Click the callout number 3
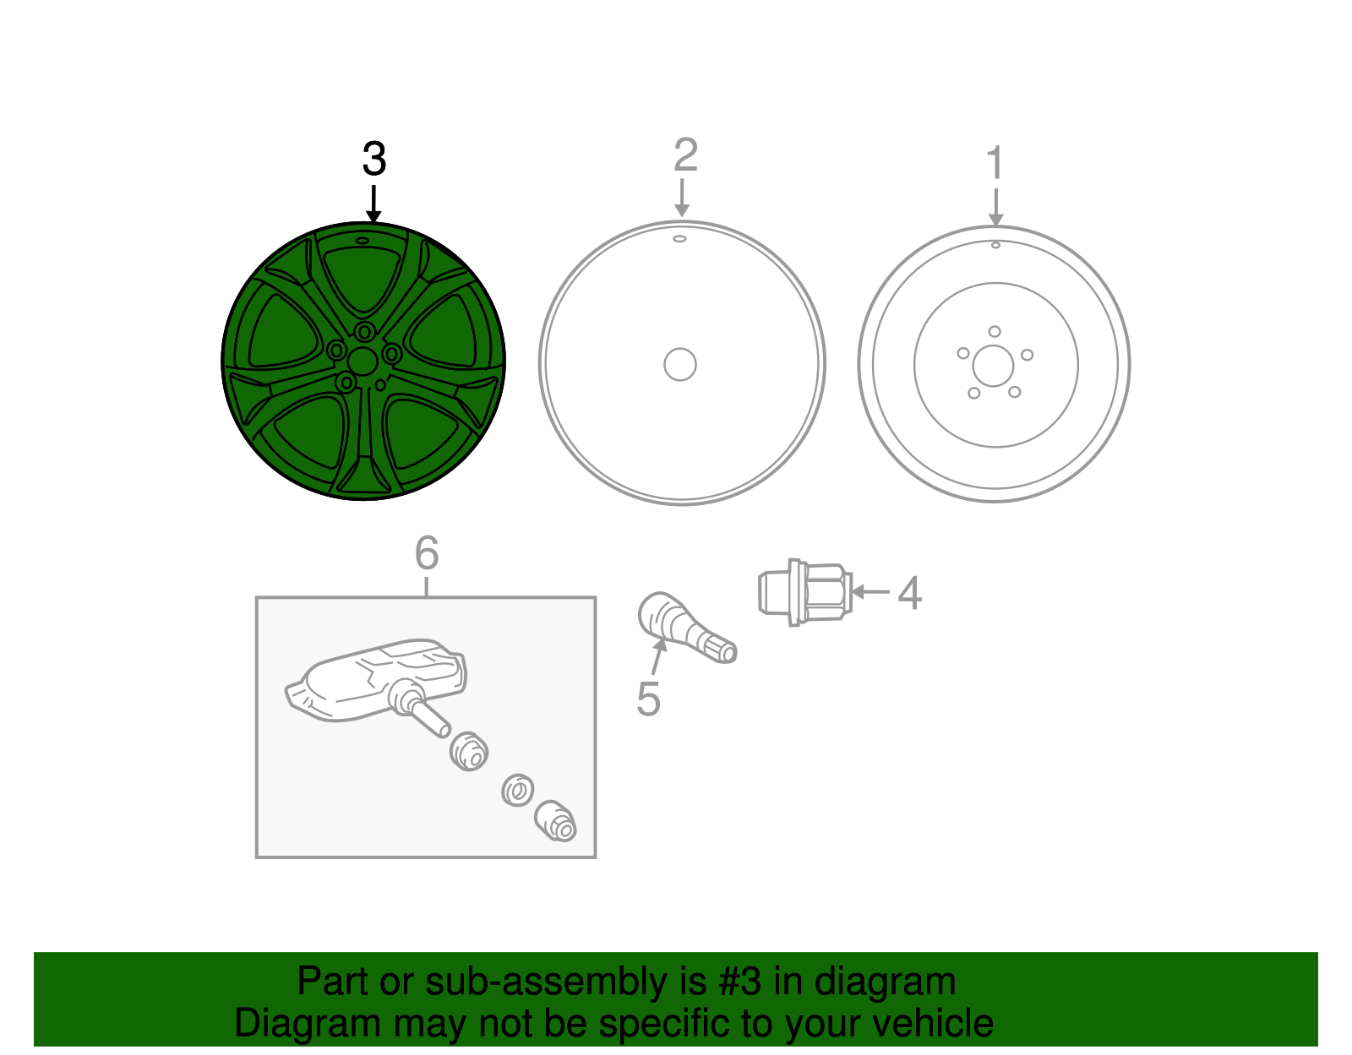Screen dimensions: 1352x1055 (374, 159)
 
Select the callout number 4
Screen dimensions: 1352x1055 (909, 594)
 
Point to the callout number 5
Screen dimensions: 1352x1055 (648, 699)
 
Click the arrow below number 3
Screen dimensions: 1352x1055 (373, 204)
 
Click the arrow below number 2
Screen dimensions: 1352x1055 (682, 198)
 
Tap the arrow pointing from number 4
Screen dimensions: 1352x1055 (870, 592)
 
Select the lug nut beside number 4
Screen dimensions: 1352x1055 (805, 592)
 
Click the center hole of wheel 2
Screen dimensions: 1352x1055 (680, 364)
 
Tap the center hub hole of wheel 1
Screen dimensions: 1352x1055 (993, 366)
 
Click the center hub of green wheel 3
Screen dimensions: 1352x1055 (363, 362)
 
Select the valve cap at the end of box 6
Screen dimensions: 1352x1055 (556, 821)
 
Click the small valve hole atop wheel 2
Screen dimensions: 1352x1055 (679, 239)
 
